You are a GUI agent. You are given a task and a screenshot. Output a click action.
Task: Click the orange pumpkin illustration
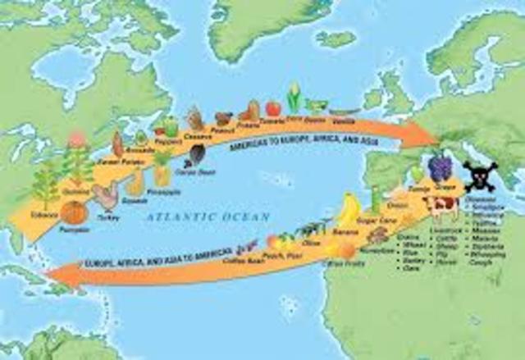pos(74,212)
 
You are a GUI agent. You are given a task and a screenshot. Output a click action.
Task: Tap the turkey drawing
pos(106,198)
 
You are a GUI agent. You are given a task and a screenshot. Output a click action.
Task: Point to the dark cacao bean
pos(198,154)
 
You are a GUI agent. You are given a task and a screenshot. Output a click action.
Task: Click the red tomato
pos(273,107)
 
